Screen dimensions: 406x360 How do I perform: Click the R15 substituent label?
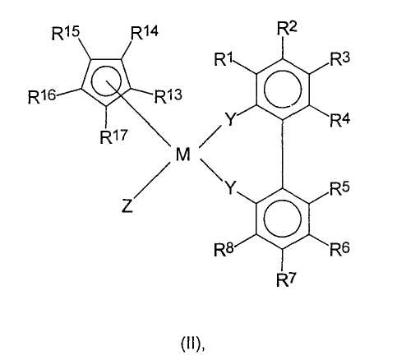(66, 34)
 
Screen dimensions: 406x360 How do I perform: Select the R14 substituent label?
(145, 33)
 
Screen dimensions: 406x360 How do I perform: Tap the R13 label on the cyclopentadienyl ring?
(168, 96)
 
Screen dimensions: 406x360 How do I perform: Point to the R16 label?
(42, 96)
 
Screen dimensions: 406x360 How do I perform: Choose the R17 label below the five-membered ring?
(113, 136)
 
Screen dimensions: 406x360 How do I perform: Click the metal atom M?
(182, 154)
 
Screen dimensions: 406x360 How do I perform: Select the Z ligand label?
(127, 206)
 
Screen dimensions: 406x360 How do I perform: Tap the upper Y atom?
(230, 118)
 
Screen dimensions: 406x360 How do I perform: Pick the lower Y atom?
(230, 187)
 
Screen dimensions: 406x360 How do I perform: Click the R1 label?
(224, 59)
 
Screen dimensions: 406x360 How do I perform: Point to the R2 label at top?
(287, 29)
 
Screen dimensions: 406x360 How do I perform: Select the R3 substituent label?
(340, 59)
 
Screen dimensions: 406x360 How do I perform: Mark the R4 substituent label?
(340, 120)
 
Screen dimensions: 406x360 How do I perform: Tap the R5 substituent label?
(340, 188)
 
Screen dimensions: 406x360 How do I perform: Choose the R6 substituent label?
(340, 249)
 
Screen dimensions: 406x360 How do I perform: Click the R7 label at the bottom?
(287, 279)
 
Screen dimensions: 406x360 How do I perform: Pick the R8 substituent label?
(224, 250)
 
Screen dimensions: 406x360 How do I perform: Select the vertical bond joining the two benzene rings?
(283, 154)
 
